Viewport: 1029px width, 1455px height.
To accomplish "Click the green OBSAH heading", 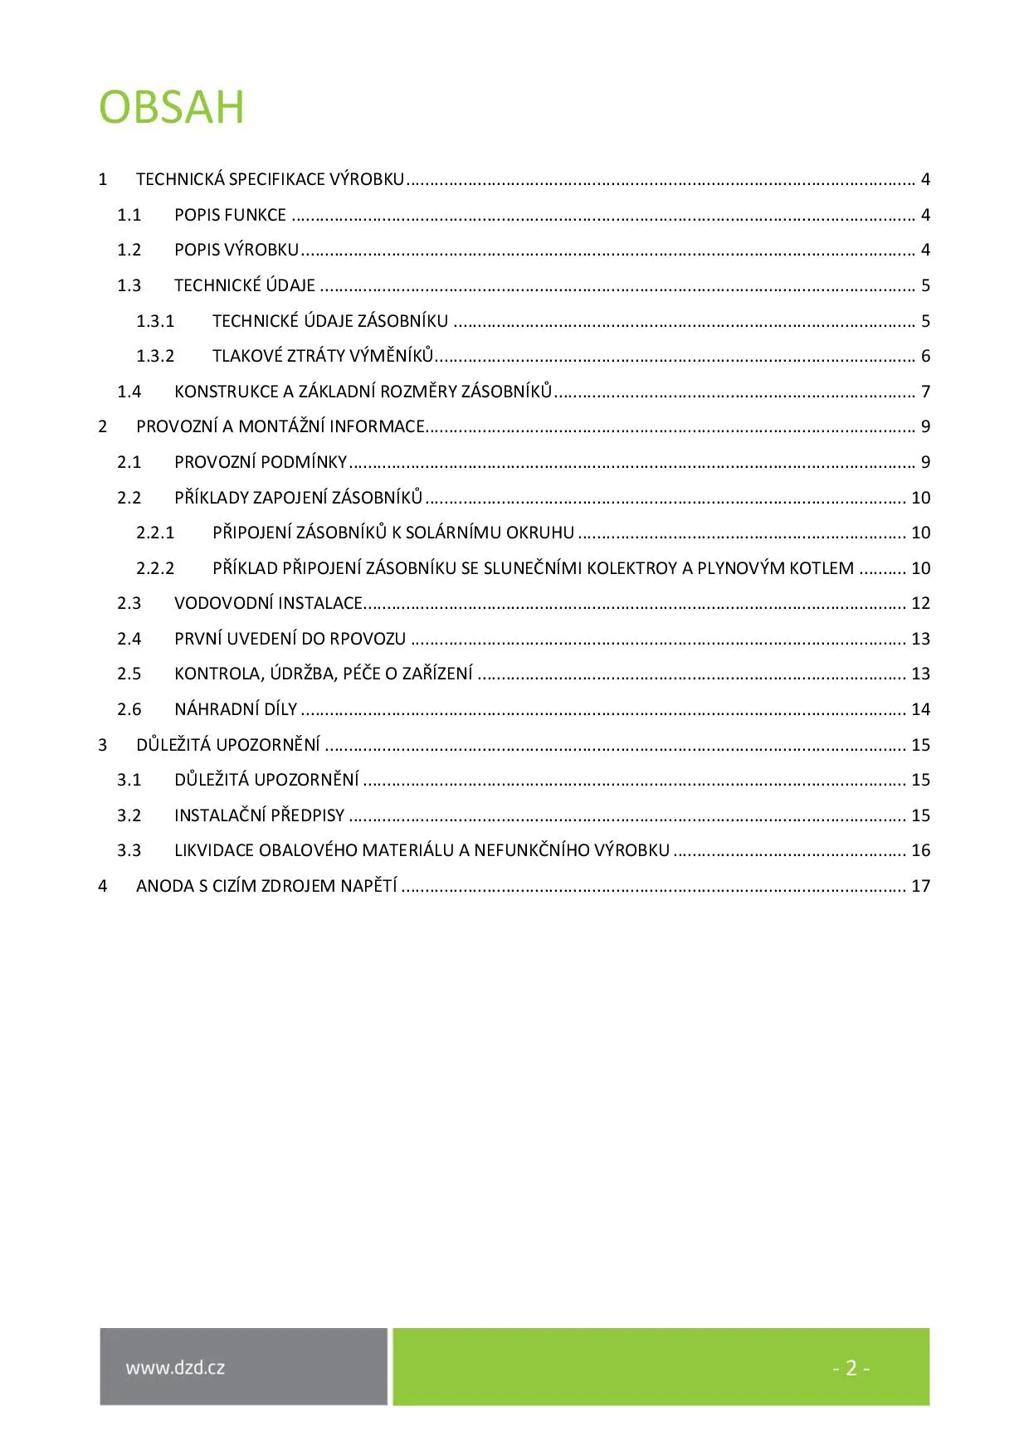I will click(172, 107).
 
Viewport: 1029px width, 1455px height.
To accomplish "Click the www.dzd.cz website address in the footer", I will click(175, 1368).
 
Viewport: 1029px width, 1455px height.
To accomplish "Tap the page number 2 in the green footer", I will click(851, 1368).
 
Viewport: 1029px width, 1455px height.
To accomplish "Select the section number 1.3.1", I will click(155, 321).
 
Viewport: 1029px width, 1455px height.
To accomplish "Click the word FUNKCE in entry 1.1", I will click(260, 215).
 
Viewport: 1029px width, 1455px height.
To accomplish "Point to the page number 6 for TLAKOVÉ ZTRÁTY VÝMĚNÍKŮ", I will click(925, 356).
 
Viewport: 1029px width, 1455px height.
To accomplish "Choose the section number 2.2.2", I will click(155, 568).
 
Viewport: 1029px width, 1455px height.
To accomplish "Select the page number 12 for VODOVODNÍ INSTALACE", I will click(920, 603).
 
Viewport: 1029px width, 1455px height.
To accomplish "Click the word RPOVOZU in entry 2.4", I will click(368, 639).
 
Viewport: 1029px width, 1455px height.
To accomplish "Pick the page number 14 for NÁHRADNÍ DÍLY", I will click(920, 709).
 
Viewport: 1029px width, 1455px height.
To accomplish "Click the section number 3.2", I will click(129, 815).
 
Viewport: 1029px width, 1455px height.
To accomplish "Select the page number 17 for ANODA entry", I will click(920, 886).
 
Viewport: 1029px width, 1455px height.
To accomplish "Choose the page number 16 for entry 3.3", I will click(920, 850).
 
